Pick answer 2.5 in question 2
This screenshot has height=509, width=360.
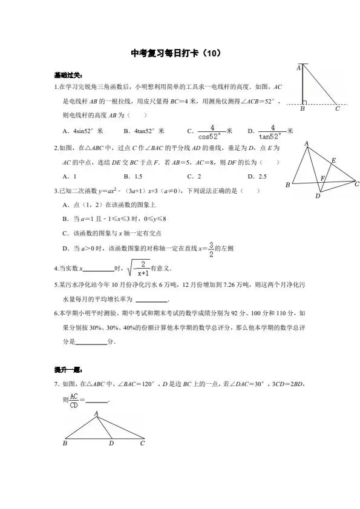click(262, 177)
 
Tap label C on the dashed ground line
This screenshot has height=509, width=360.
click(338, 110)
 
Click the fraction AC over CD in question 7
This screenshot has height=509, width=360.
click(73, 400)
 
